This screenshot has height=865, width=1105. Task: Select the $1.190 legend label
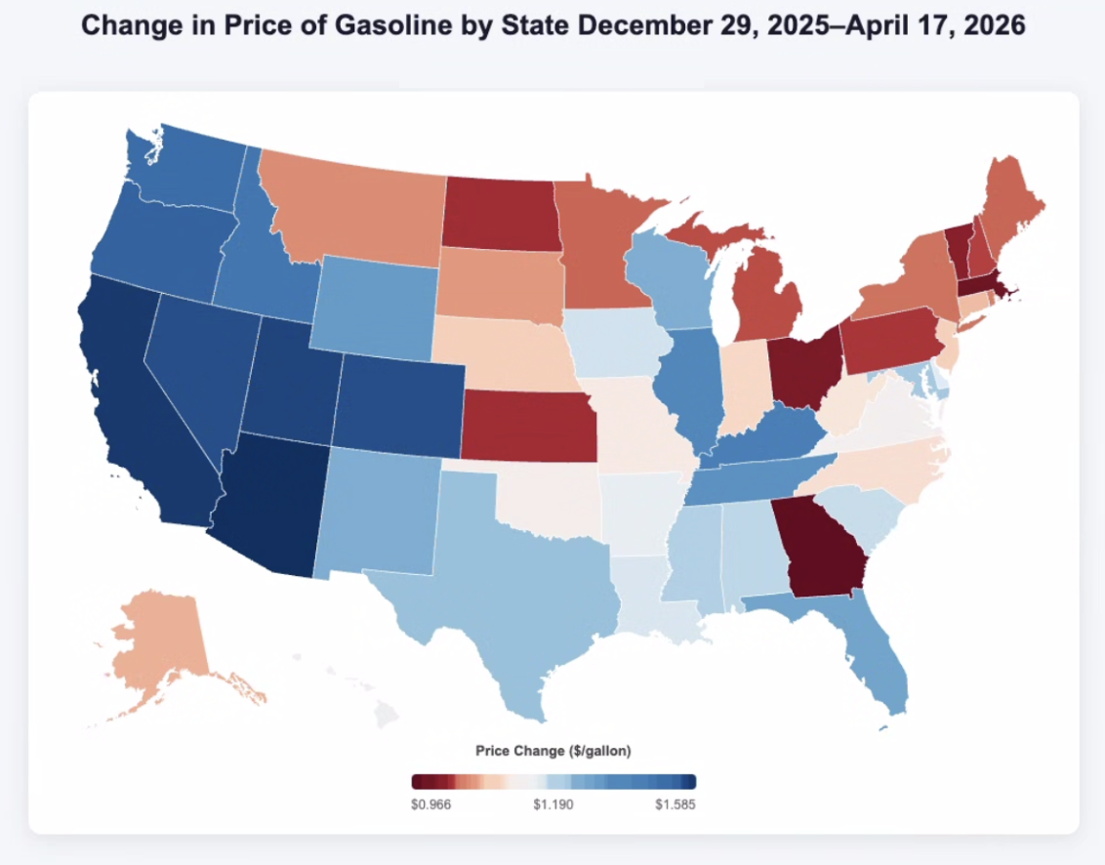(552, 804)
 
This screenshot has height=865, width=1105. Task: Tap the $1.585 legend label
(675, 804)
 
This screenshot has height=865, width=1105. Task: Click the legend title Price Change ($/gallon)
(552, 751)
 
